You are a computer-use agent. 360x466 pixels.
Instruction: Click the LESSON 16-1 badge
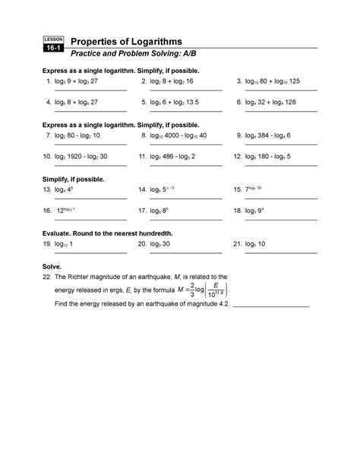tap(55, 43)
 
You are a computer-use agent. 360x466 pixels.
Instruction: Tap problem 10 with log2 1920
tap(80, 157)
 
